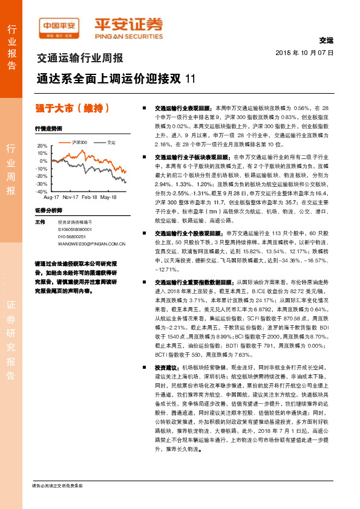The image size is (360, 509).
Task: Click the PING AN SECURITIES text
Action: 128,35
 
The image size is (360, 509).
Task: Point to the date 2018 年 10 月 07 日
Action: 309,53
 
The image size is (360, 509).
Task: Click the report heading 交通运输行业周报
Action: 80,59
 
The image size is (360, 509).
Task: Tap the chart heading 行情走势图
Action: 48,129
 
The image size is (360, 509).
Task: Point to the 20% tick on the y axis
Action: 42,146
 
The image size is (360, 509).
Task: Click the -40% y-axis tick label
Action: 41,191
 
